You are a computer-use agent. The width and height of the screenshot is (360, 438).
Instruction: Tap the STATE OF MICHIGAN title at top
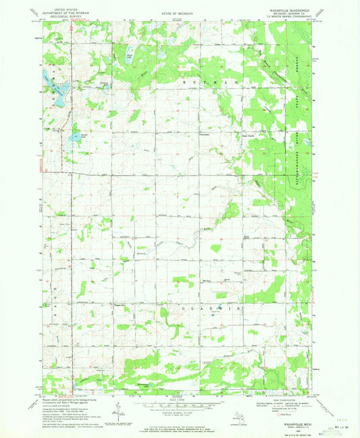pyautogui.click(x=179, y=8)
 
